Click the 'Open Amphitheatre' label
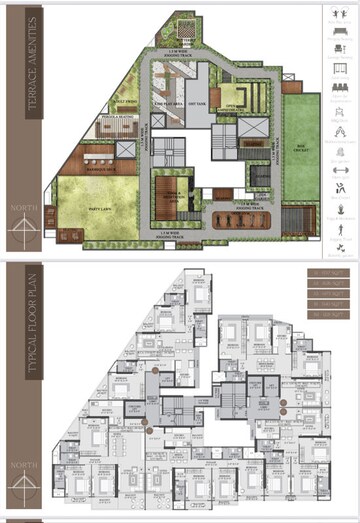(x=234, y=105)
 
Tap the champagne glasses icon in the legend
(x=340, y=127)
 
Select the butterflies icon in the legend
(x=340, y=246)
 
